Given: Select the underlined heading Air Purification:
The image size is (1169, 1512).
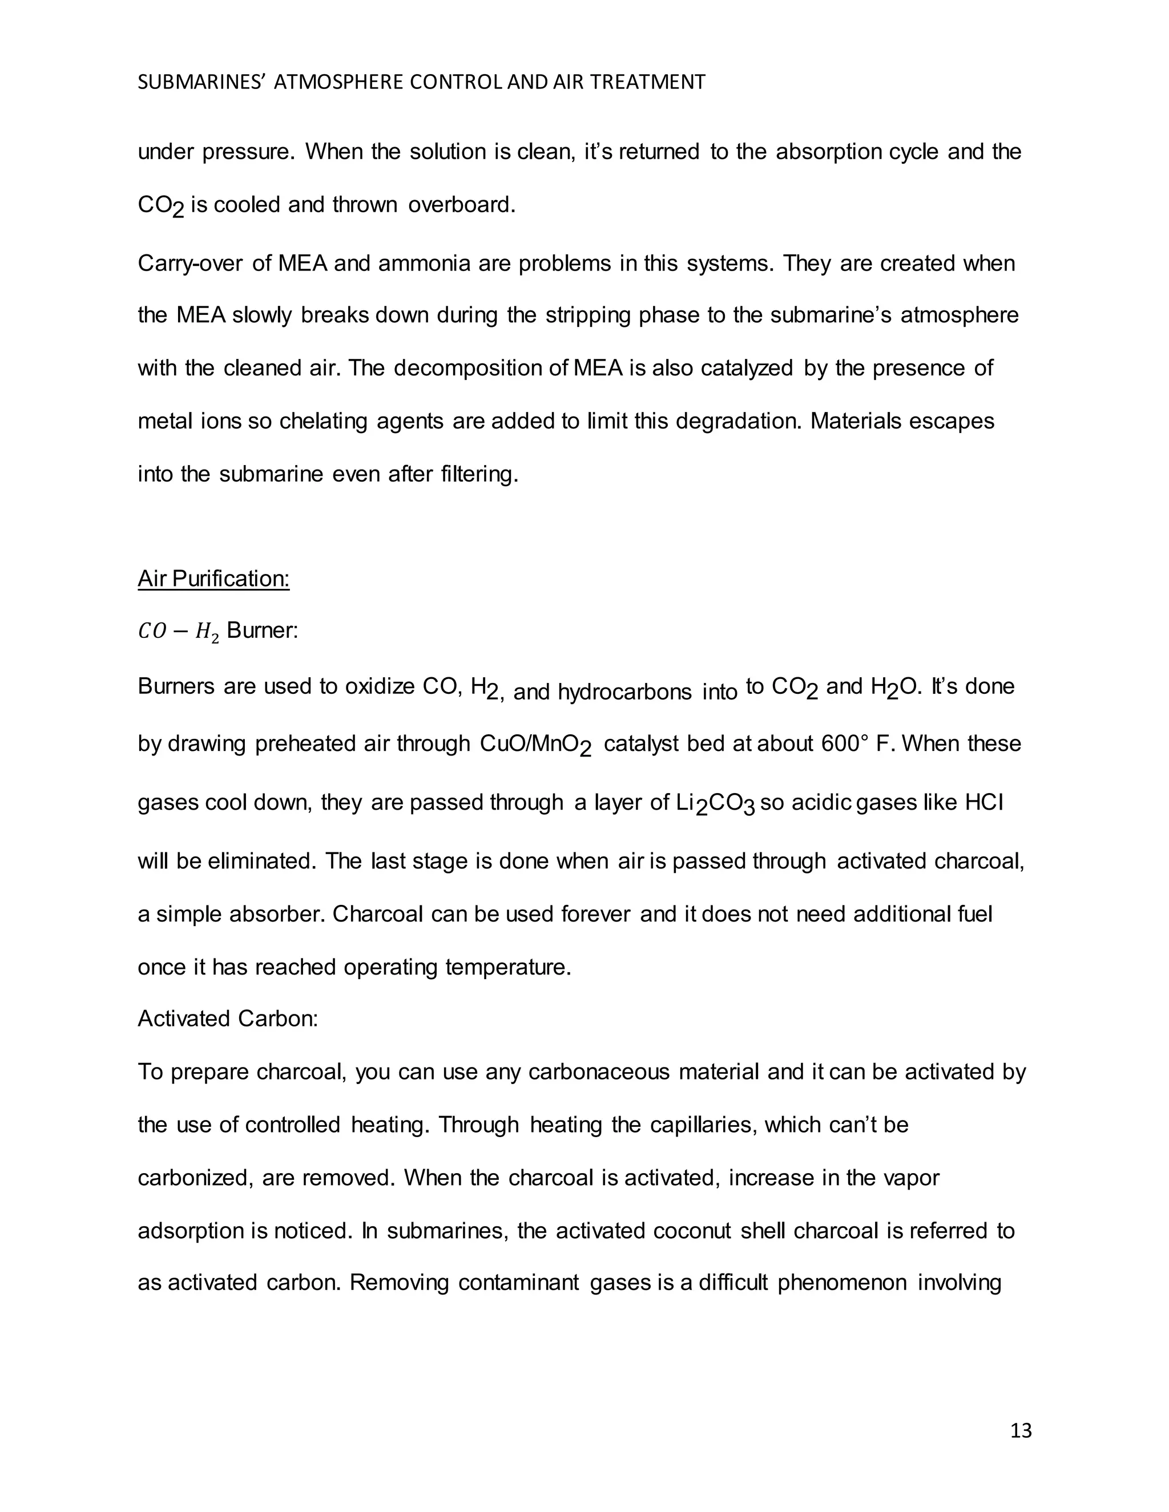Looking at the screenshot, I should [x=213, y=578].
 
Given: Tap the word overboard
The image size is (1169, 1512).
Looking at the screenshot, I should [x=461, y=205].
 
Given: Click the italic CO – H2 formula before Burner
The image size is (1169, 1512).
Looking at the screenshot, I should [x=178, y=632].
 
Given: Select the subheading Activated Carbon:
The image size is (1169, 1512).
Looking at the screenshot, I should [x=228, y=1018].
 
